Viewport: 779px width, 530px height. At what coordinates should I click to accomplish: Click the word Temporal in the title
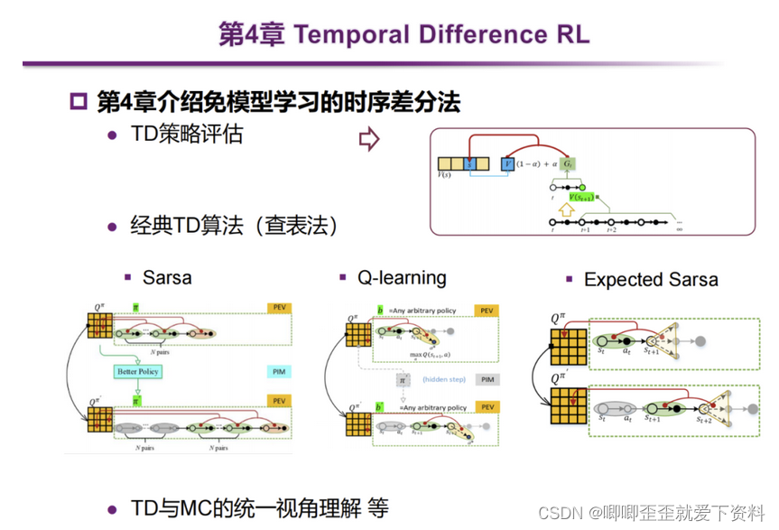pos(348,34)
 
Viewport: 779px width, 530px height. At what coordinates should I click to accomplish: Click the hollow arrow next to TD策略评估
pos(369,139)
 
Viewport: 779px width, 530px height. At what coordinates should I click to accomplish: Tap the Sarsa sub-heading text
pos(167,276)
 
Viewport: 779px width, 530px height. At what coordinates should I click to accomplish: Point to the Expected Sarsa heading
pos(651,279)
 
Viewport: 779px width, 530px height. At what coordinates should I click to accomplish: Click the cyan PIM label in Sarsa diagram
pos(280,371)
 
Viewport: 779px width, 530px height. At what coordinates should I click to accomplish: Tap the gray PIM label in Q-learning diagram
pos(487,380)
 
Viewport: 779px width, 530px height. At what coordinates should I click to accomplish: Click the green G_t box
pos(568,164)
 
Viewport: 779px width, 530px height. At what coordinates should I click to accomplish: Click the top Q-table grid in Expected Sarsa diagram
pos(568,347)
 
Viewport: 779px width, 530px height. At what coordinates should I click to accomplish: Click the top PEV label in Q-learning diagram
pos(487,311)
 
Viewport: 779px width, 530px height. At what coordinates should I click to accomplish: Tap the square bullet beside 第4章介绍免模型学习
pos(79,101)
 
